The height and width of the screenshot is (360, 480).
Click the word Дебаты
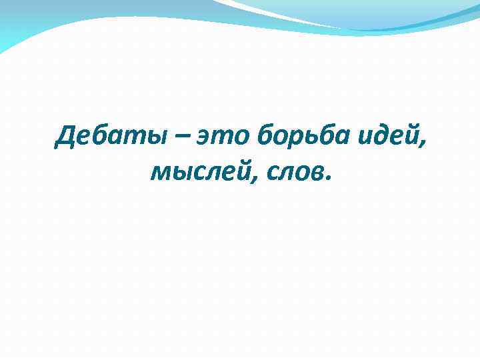tap(113, 138)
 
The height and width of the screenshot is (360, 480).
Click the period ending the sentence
tap(327, 180)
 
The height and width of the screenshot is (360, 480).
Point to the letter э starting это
tap(203, 140)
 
